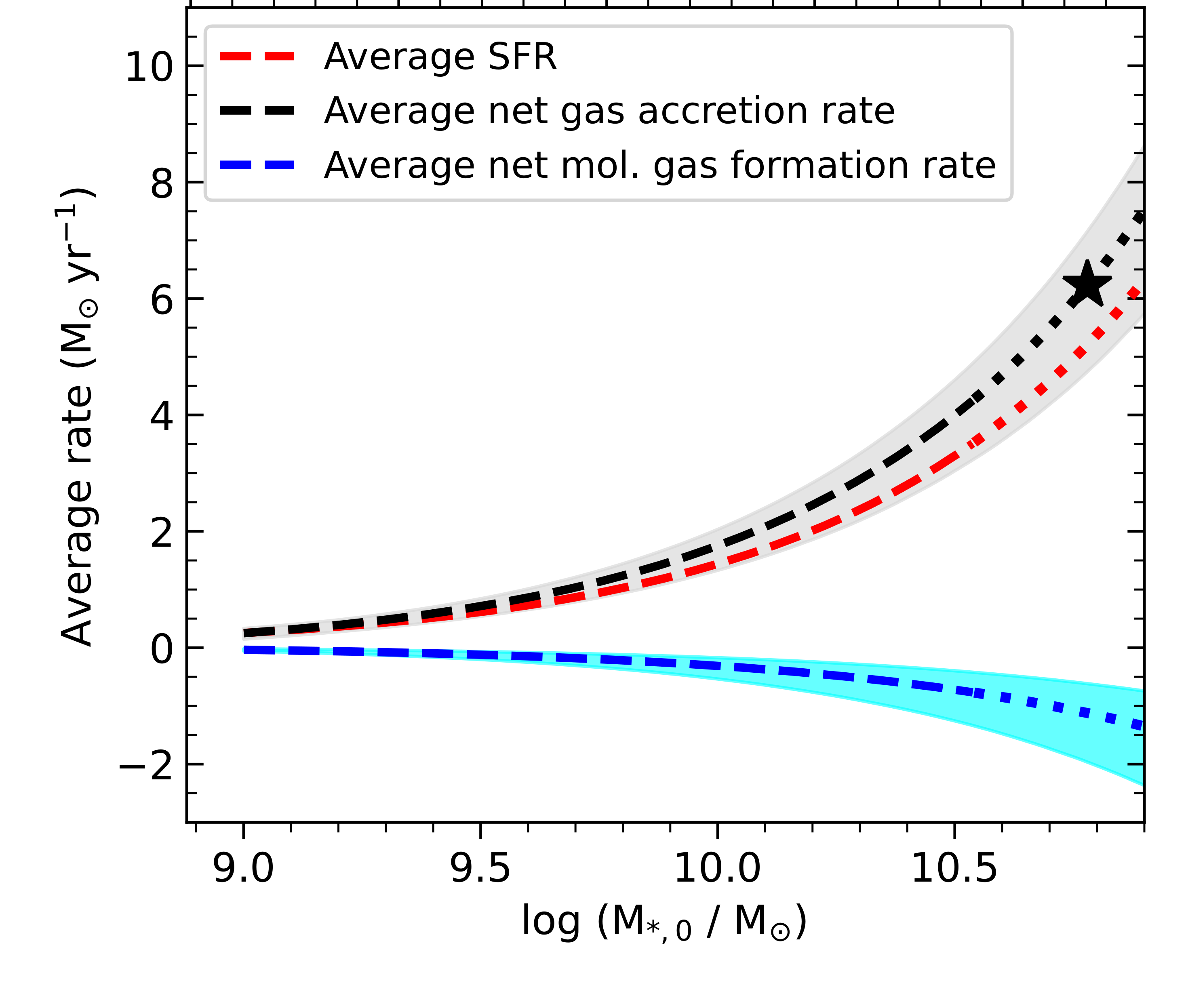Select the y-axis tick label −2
145,766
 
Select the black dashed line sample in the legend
257,111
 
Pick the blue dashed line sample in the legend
257,165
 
